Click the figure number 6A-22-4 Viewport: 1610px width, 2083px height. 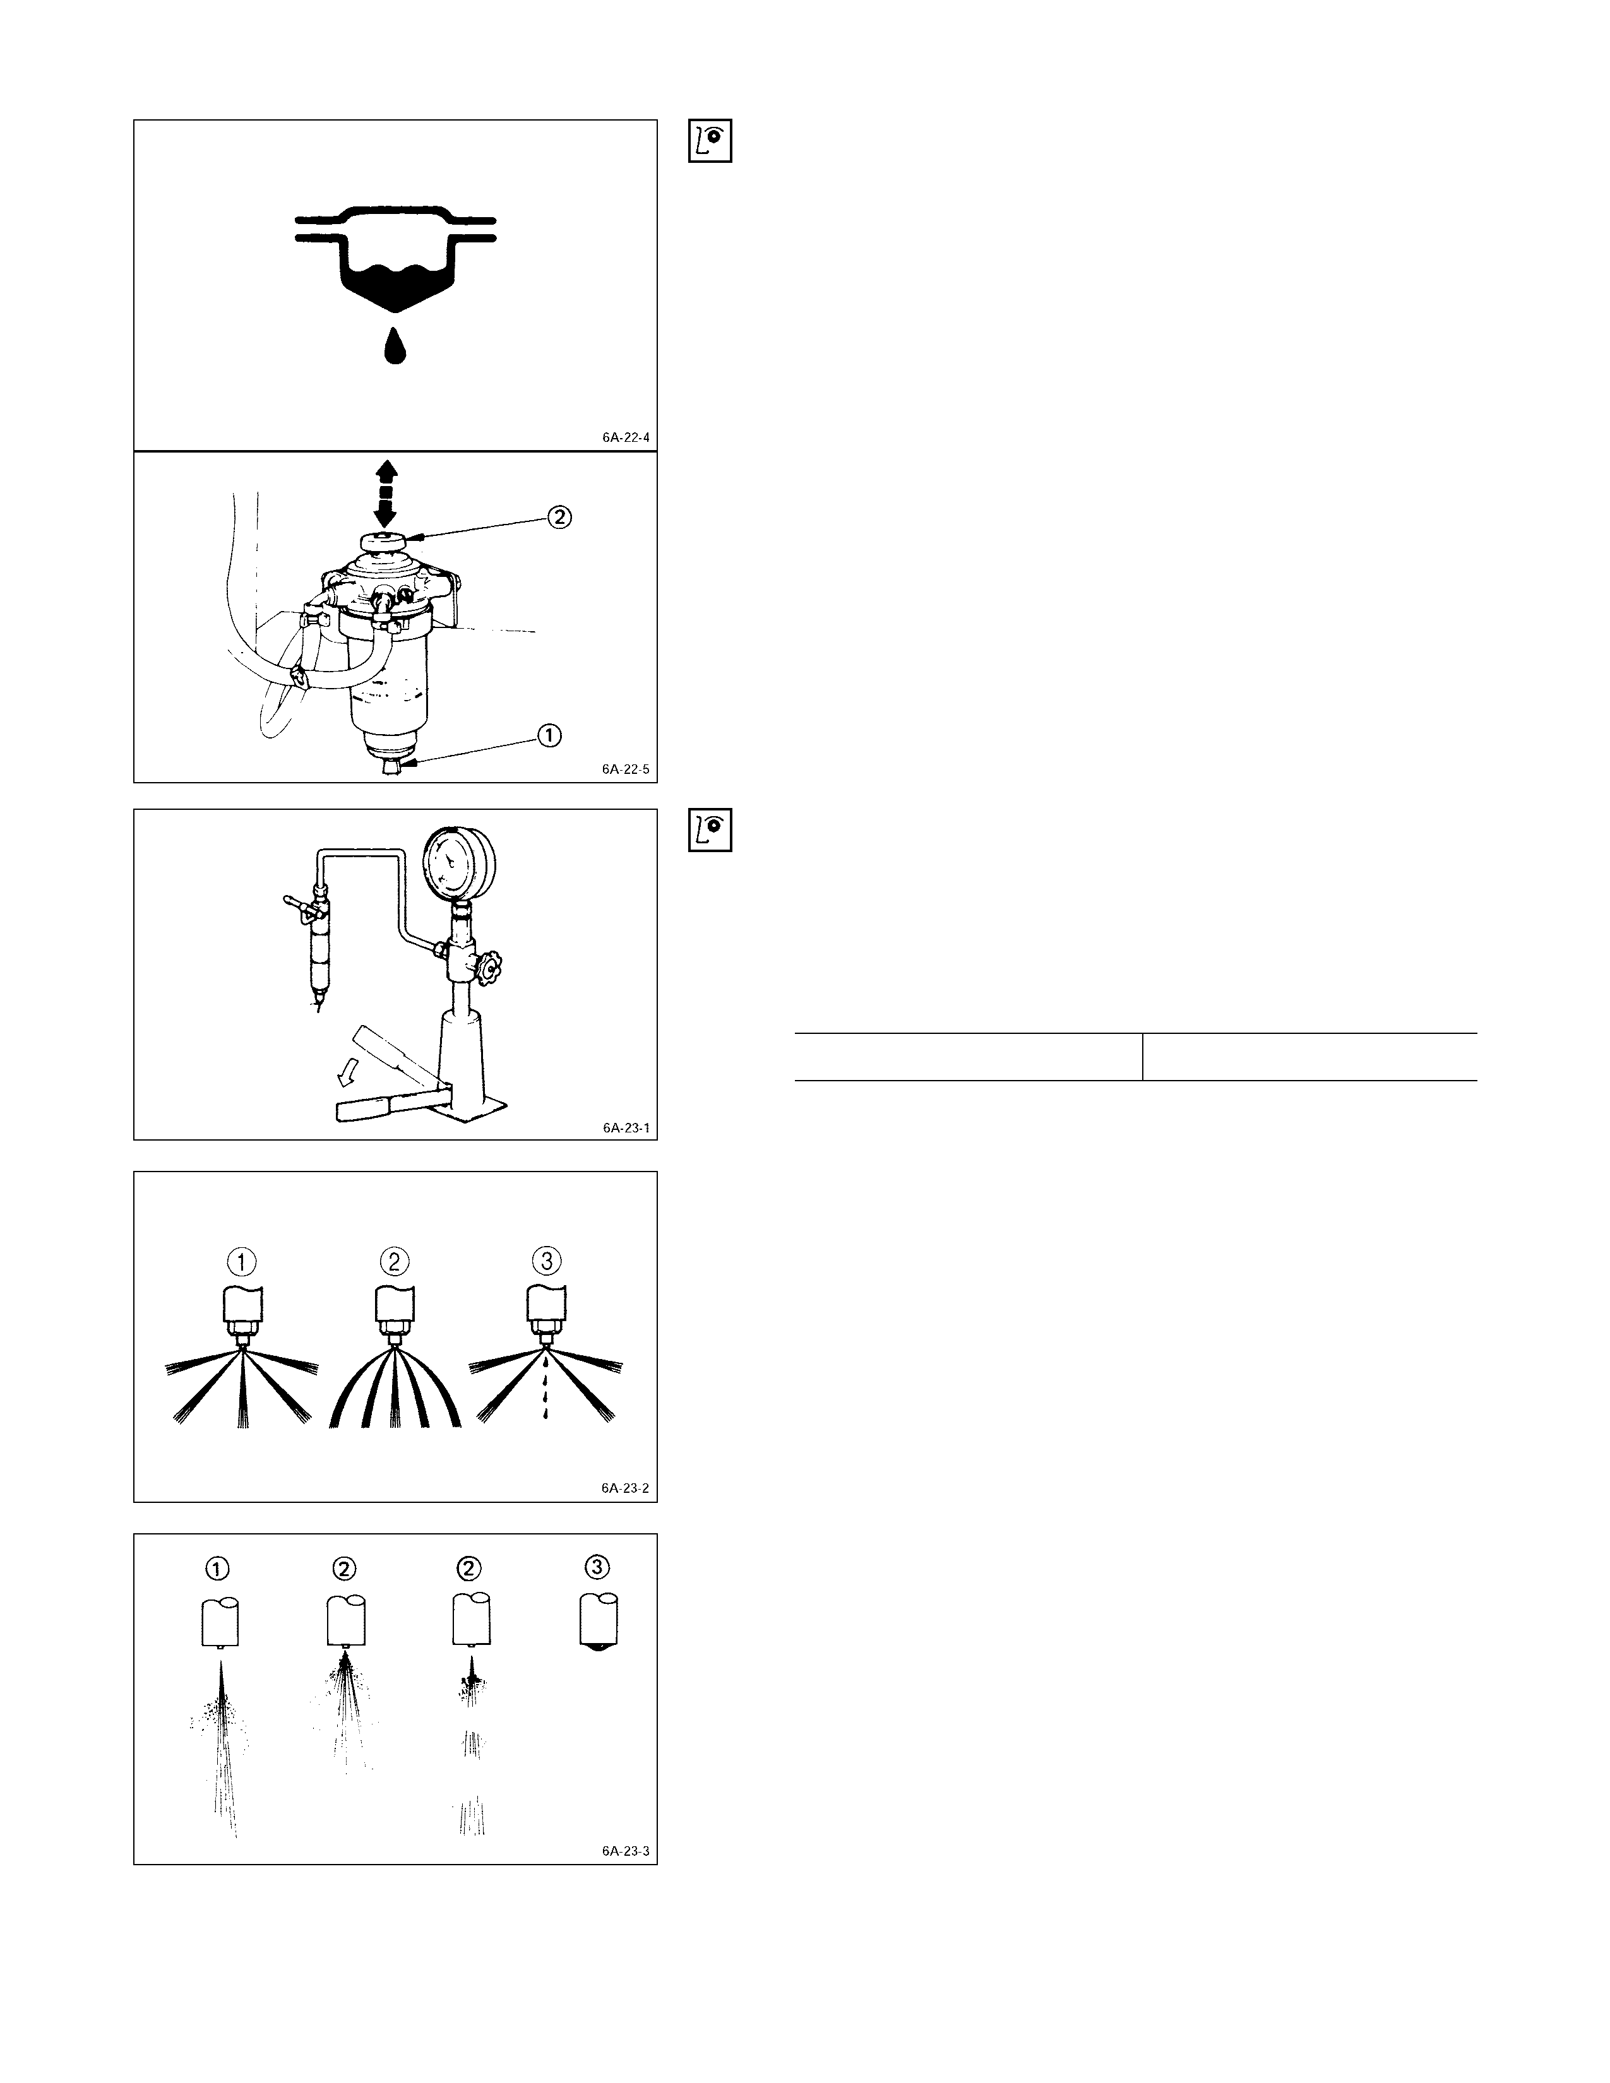626,438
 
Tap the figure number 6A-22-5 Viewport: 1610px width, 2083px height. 626,769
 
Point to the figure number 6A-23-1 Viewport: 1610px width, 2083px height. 626,1127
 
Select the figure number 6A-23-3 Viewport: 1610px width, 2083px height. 626,1851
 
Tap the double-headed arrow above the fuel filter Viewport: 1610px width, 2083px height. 385,493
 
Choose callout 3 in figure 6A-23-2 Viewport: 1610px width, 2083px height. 547,1261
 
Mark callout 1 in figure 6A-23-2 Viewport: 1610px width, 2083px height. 242,1262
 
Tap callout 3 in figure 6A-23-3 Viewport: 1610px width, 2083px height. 597,1567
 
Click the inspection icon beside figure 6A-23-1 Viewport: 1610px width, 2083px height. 710,830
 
